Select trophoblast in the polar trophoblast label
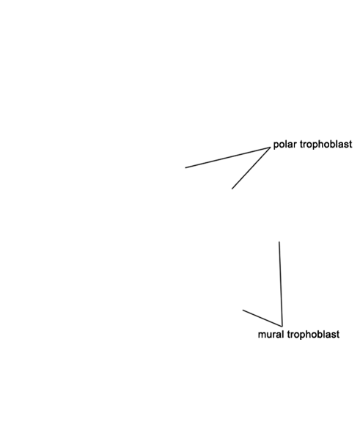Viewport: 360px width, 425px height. [326, 145]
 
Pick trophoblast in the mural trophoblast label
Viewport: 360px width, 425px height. [314, 335]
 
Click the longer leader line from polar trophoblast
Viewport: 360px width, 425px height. [227, 158]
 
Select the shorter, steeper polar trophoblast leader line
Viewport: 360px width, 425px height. [251, 168]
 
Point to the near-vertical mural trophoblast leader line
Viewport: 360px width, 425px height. [281, 284]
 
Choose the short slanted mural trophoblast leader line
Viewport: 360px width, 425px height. [262, 318]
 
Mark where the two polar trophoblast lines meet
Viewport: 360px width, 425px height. [270, 148]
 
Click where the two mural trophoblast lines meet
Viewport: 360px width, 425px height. [282, 326]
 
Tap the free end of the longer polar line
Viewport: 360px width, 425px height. [185, 167]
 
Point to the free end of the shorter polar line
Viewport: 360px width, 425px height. [232, 189]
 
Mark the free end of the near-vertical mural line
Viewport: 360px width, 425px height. [279, 241]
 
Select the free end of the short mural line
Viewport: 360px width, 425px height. [243, 310]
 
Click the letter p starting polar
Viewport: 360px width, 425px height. [276, 145]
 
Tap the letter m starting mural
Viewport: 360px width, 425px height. [262, 335]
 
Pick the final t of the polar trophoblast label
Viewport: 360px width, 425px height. [350, 145]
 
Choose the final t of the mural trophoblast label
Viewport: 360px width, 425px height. [338, 335]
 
